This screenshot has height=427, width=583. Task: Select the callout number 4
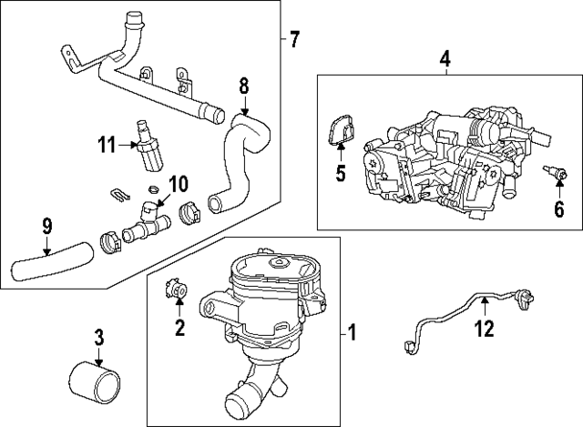[445, 60]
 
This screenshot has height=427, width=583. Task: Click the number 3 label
[99, 339]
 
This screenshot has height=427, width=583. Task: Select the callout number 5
[341, 172]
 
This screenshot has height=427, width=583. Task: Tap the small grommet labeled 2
[176, 291]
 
